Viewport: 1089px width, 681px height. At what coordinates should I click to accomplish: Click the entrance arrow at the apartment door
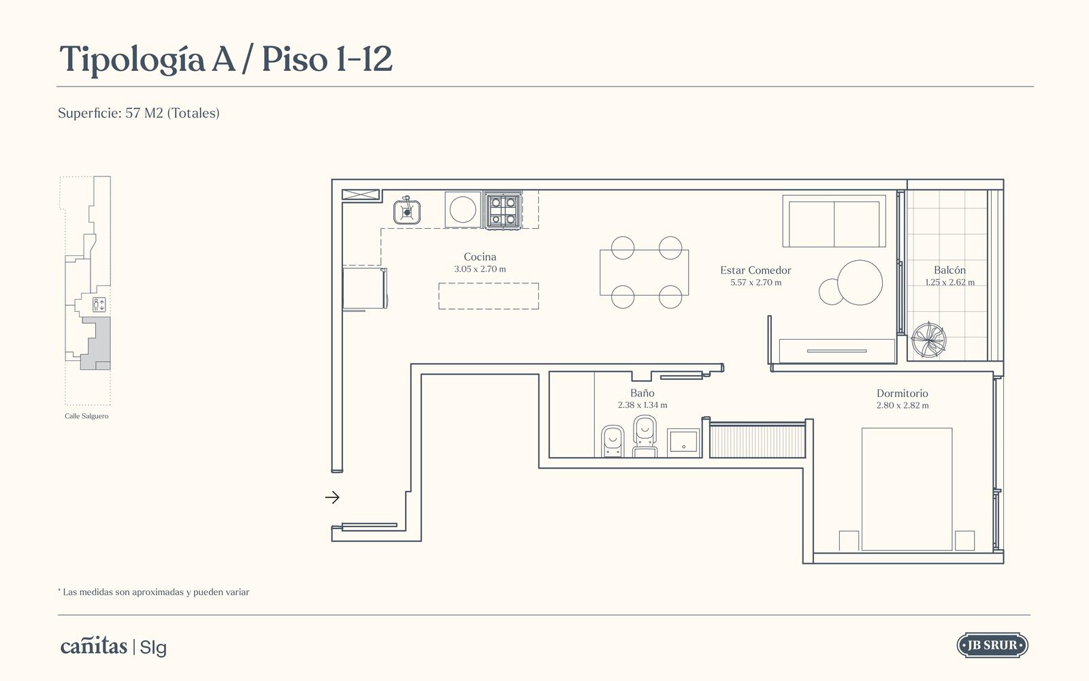pos(332,497)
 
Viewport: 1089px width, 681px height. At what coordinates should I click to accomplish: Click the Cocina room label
pos(480,257)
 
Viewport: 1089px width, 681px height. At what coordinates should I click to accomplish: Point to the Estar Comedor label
pos(755,270)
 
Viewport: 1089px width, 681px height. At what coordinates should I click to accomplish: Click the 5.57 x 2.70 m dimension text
pos(755,283)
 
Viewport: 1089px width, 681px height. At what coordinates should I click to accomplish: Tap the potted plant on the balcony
pos(928,340)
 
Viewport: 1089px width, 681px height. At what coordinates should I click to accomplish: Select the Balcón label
pos(949,270)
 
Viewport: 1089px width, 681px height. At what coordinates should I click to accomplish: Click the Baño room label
pos(643,393)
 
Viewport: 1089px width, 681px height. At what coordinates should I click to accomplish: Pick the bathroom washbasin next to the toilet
pos(683,443)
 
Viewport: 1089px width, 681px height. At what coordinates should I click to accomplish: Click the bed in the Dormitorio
pos(907,490)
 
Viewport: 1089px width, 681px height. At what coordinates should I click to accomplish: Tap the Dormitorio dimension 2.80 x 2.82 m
pos(903,406)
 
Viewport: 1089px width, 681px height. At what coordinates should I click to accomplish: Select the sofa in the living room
pos(834,221)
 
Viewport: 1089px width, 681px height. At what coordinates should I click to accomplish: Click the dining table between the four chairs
pos(644,272)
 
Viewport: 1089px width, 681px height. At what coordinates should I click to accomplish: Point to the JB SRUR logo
pos(992,646)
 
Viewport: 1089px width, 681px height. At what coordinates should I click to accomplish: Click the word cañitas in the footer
pos(94,646)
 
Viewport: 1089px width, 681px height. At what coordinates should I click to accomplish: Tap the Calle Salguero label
pos(86,416)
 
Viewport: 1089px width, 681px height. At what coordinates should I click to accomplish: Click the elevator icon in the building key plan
pos(99,305)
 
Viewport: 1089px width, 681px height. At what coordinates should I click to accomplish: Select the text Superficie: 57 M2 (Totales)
pos(139,113)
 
